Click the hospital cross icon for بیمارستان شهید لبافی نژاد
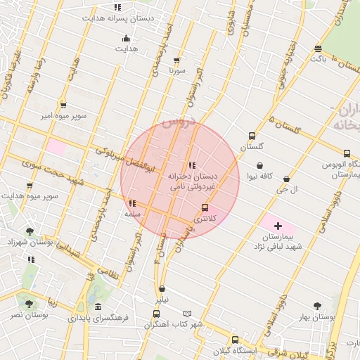(x=278, y=226)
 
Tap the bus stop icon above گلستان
(x=252, y=136)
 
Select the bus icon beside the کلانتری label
(x=205, y=208)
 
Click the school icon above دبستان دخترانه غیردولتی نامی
(x=192, y=165)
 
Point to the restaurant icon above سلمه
(x=132, y=203)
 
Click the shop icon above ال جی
(x=286, y=179)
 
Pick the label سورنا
(x=176, y=70)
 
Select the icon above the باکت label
(x=319, y=49)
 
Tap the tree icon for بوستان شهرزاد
(x=29, y=231)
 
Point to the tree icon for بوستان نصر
(x=29, y=304)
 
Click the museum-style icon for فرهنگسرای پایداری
(x=97, y=307)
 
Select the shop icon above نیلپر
(x=162, y=288)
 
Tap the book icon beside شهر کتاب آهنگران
(x=186, y=314)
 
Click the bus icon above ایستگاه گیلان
(x=235, y=340)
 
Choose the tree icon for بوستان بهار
(x=319, y=306)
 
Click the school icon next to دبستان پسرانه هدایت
(x=117, y=7)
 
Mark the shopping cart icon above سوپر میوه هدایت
(x=29, y=186)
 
